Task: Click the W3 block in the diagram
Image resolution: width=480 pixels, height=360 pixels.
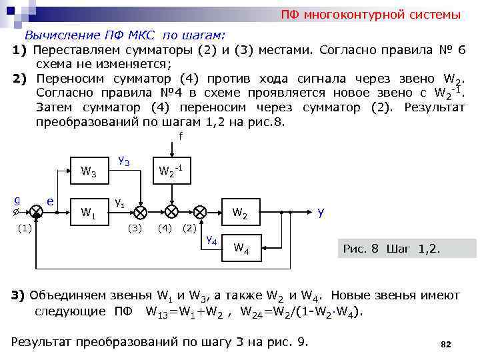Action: tap(89, 173)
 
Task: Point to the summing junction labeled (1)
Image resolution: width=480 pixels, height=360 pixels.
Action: tap(37, 212)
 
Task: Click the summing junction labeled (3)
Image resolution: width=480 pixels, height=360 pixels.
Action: tap(141, 212)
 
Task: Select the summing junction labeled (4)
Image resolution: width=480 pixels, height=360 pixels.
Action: tap(171, 212)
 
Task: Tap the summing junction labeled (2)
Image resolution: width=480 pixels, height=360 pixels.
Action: tap(200, 212)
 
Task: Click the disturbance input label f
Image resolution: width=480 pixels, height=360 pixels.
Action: tap(180, 137)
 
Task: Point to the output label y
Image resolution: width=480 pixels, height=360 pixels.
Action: tap(321, 213)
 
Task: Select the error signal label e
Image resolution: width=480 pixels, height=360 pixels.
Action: tap(51, 200)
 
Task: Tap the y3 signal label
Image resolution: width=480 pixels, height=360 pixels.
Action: tap(123, 161)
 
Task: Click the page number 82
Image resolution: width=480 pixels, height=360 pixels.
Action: tap(446, 344)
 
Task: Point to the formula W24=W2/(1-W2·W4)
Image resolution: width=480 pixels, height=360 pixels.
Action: tap(301, 311)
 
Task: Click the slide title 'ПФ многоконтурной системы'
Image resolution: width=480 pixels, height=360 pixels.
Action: tap(370, 15)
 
